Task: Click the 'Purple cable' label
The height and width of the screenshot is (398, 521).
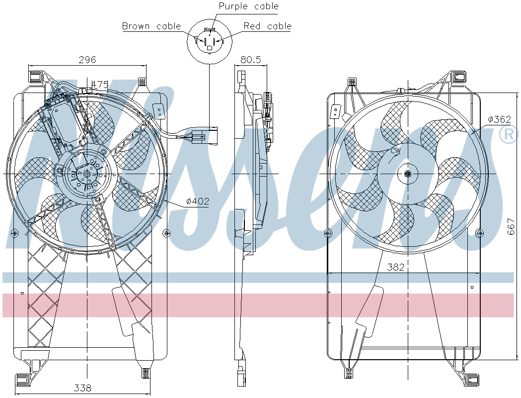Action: pos(248,6)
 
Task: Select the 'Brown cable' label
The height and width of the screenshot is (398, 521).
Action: pos(151,26)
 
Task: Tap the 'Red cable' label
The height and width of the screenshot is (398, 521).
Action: pos(268,26)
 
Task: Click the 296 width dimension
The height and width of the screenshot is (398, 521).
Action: pos(87,60)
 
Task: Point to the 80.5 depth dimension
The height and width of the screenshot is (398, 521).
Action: pos(250,60)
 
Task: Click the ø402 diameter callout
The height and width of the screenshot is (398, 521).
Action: pos(198,201)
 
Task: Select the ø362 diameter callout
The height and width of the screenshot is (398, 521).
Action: pos(499,119)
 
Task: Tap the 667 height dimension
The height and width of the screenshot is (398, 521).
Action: pos(511,226)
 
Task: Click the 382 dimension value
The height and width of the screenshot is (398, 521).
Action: pos(395,267)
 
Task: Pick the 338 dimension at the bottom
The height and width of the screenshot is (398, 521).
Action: pos(82,388)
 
